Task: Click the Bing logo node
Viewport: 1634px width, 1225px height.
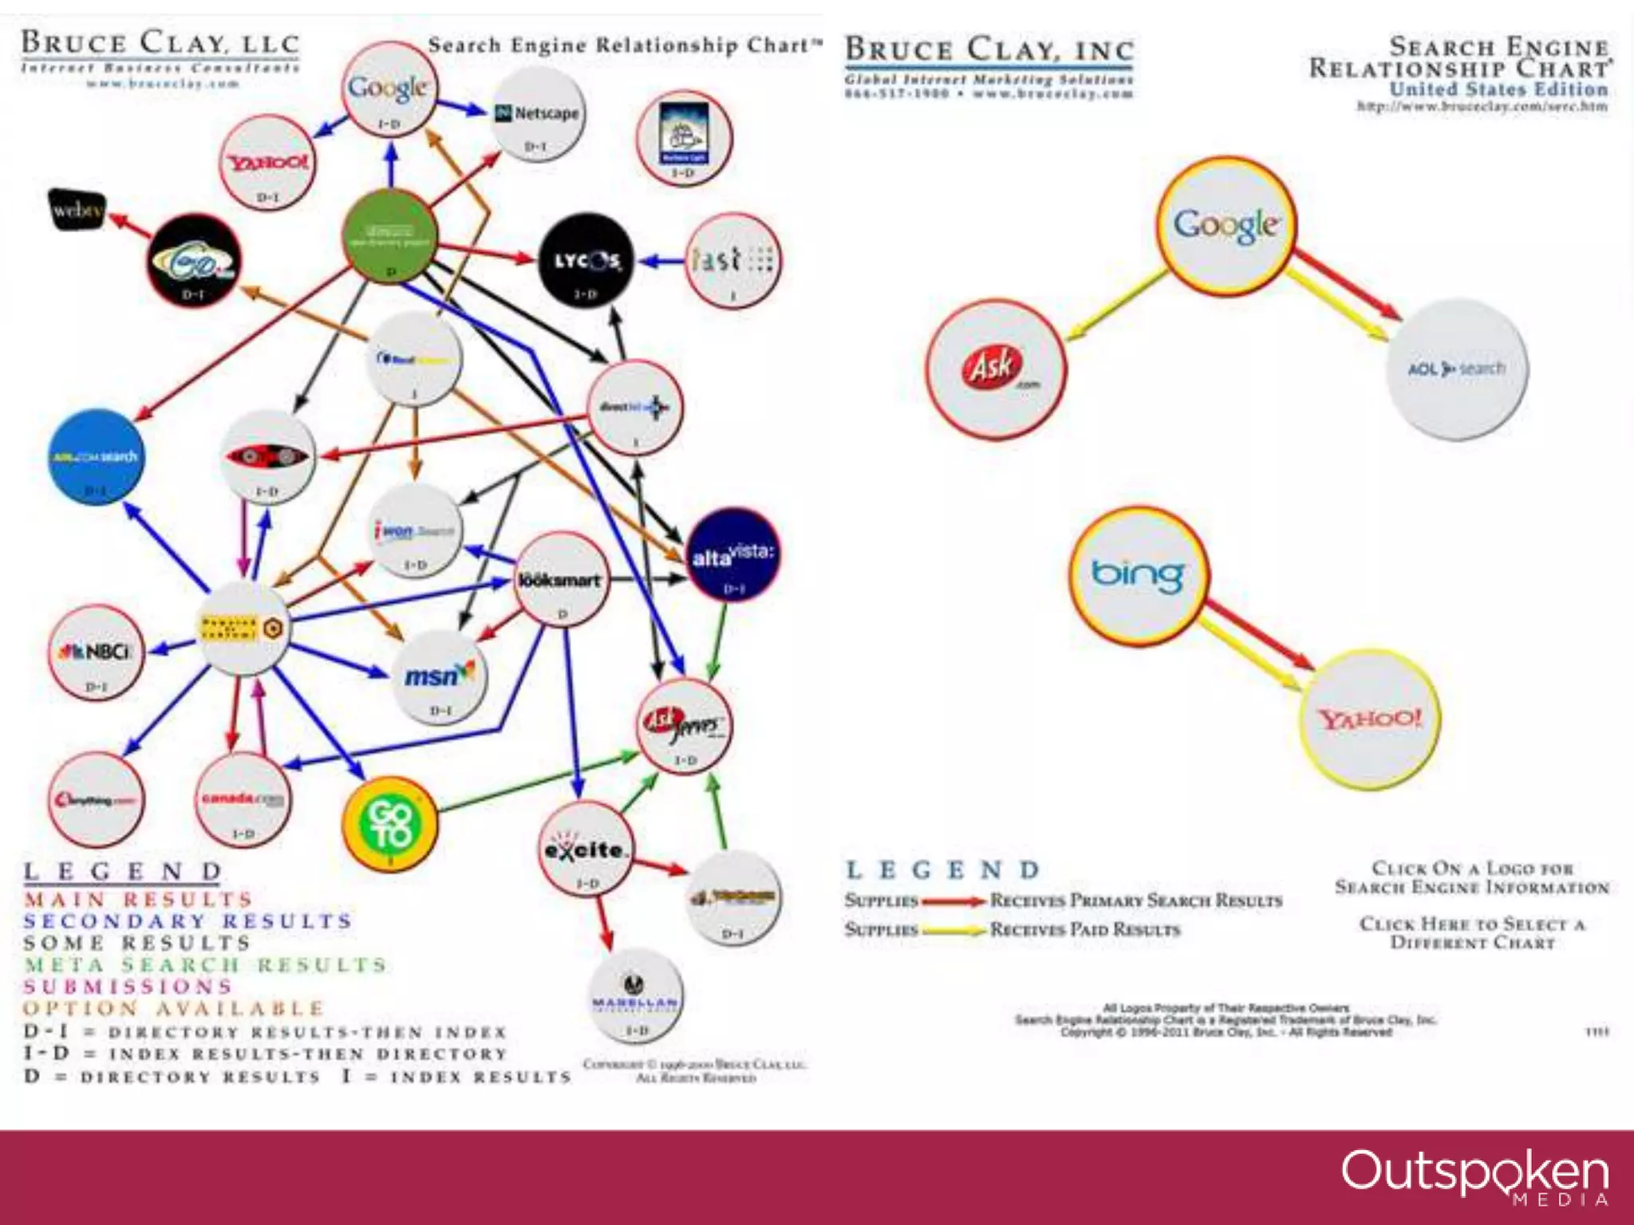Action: pos(1139,576)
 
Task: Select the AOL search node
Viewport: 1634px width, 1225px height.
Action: pos(1457,369)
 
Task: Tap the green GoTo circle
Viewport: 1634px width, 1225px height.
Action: pos(389,824)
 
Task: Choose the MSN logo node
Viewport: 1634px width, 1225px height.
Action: pos(440,676)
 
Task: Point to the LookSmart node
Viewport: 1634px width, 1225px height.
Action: pos(561,580)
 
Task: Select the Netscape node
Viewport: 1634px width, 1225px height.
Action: pos(536,115)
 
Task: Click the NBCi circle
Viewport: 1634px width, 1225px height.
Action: pos(97,652)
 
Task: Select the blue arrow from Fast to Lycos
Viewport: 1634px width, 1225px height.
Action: pos(662,261)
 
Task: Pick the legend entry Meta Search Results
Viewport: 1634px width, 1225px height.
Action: pos(205,965)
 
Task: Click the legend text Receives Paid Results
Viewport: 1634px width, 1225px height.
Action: pos(1084,930)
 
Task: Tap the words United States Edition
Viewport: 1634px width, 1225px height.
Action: pos(1498,89)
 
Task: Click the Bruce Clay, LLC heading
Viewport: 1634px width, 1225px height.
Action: pos(160,43)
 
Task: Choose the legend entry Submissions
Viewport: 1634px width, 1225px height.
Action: pos(128,987)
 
